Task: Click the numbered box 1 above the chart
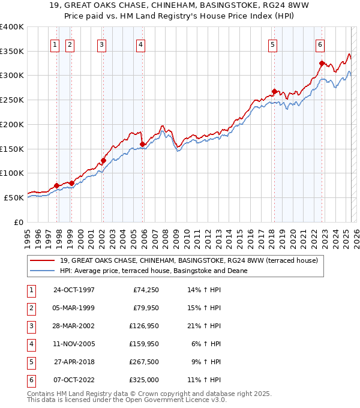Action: (55, 44)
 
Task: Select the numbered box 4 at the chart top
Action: (140, 44)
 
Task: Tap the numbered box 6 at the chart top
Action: (320, 44)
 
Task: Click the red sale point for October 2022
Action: (322, 63)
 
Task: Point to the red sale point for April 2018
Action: (274, 91)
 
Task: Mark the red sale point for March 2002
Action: (103, 160)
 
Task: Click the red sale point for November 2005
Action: (142, 144)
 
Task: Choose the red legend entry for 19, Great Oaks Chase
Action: (176, 260)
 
